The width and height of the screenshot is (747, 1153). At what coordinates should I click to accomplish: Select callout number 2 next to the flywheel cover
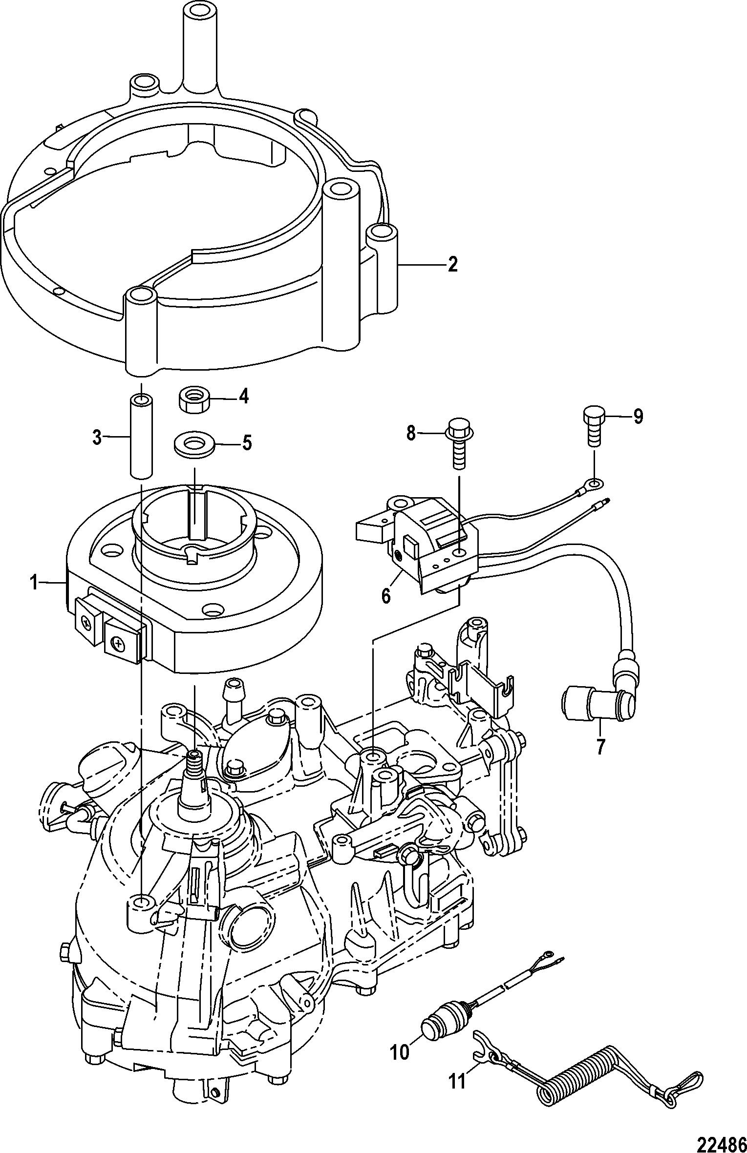pos(452,264)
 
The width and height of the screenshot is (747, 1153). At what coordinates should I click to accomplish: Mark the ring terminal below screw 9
pos(594,484)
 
